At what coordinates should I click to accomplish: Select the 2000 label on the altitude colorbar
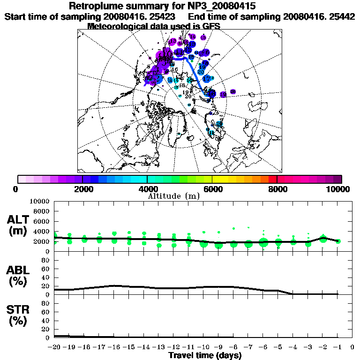82,189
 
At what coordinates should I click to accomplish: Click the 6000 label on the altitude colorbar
212,189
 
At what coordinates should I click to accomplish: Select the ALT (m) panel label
19,225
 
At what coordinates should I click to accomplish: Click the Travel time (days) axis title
205,355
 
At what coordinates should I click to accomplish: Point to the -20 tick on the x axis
55,347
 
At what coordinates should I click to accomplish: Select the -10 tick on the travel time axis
204,347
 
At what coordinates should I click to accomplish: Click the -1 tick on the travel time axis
337,347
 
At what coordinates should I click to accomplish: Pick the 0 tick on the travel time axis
352,347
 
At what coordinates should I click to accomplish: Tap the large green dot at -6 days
263,242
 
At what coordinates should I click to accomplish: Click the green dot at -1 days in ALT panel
338,241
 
